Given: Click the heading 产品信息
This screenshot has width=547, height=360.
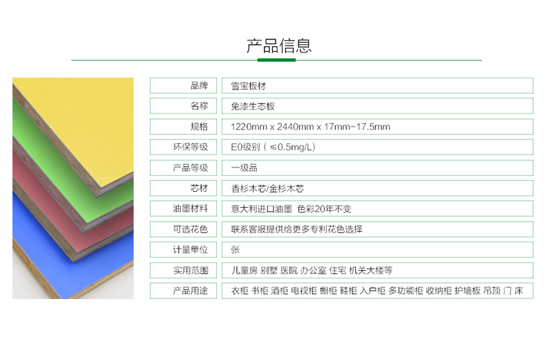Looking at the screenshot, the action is (x=279, y=46).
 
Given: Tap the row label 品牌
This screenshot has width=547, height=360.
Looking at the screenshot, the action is (x=199, y=85).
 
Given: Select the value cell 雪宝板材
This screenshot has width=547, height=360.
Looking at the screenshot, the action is (x=249, y=86).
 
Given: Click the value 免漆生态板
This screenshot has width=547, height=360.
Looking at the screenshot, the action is (x=253, y=106).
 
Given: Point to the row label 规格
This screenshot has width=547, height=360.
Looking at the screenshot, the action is (x=199, y=126).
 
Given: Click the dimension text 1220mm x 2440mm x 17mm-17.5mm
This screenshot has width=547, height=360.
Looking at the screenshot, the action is (x=310, y=127).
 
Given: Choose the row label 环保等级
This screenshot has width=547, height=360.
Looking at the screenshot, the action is (x=190, y=147).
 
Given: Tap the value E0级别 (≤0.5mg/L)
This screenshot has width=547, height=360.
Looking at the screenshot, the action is (x=273, y=147).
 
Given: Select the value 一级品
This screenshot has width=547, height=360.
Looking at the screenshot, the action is (x=244, y=168).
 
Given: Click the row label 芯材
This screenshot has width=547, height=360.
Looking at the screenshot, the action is (x=199, y=188).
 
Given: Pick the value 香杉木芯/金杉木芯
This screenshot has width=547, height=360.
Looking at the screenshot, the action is (x=267, y=188).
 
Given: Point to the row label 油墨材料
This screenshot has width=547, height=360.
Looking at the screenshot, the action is (x=190, y=208).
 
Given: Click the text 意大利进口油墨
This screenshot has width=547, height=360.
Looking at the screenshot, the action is (x=262, y=209).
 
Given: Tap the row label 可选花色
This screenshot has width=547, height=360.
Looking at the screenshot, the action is (x=190, y=229).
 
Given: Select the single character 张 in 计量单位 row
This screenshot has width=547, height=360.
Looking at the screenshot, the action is (x=235, y=250).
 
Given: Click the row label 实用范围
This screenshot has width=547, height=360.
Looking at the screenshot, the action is (x=190, y=271).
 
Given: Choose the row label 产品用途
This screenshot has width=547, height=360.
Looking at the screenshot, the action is (x=190, y=291).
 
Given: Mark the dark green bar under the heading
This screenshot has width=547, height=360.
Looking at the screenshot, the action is (x=277, y=60).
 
